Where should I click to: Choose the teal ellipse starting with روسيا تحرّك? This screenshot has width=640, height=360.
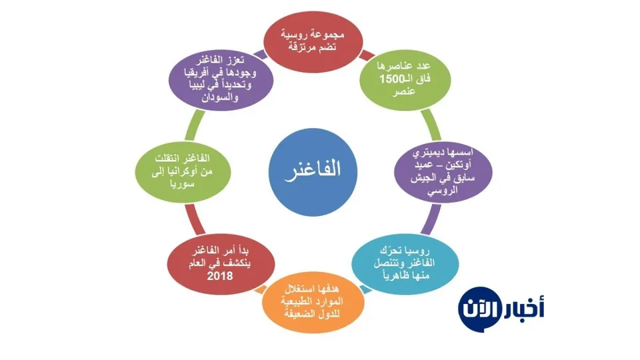405,261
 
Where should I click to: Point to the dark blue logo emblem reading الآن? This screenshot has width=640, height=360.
479,309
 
